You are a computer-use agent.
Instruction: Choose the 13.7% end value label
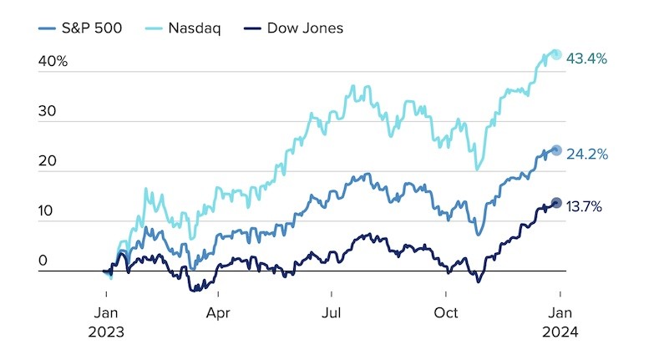(586, 206)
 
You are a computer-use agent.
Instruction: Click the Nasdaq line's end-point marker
(556, 54)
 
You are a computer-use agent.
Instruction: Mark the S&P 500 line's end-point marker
(556, 150)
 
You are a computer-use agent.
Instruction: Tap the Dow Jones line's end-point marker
(556, 202)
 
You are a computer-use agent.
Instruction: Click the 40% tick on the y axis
(51, 61)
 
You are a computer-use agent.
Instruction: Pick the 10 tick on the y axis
(44, 211)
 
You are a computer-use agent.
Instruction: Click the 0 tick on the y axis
(42, 261)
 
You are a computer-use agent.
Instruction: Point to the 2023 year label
(106, 331)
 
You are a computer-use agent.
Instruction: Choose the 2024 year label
(560, 331)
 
